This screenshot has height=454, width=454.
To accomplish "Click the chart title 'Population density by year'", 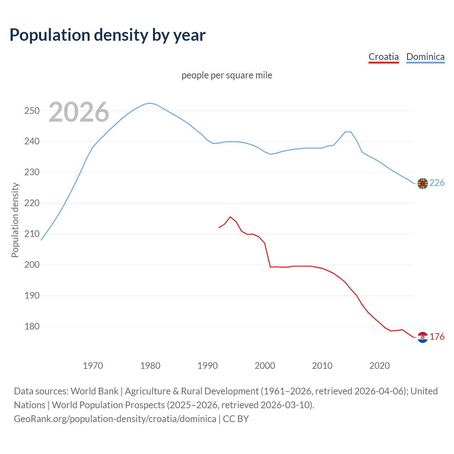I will click(x=107, y=35).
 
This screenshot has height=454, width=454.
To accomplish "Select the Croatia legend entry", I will click(x=383, y=57).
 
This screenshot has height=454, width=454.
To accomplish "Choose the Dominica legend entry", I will click(x=425, y=57).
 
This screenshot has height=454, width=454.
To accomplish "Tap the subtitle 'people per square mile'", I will click(x=227, y=75).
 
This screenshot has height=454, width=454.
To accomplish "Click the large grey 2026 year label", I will click(x=79, y=112).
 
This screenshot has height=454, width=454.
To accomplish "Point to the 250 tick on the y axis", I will click(x=32, y=111).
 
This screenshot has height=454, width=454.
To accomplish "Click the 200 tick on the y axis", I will click(x=32, y=265).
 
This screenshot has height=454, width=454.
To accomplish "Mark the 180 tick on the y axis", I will click(x=32, y=327).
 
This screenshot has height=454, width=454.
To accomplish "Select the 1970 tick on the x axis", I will click(x=93, y=366).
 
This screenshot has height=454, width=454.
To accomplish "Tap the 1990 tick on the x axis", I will click(x=207, y=366).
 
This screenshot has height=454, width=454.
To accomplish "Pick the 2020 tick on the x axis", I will click(x=380, y=366).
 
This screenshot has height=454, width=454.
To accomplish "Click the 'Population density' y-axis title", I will click(x=15, y=220).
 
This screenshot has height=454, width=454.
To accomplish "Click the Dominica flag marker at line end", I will click(x=422, y=183).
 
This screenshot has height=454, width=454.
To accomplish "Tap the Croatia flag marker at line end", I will click(x=422, y=337).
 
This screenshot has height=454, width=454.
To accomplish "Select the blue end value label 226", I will click(x=437, y=183).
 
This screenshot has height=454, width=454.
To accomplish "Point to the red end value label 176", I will click(x=437, y=337).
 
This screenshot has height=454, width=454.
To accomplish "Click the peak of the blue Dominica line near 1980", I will click(x=150, y=103).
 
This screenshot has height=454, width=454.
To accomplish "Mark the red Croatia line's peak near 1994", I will click(x=230, y=217).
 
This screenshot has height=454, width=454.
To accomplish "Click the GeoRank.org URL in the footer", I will click(x=115, y=419).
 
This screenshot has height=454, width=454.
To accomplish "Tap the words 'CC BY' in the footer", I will click(x=236, y=419).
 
